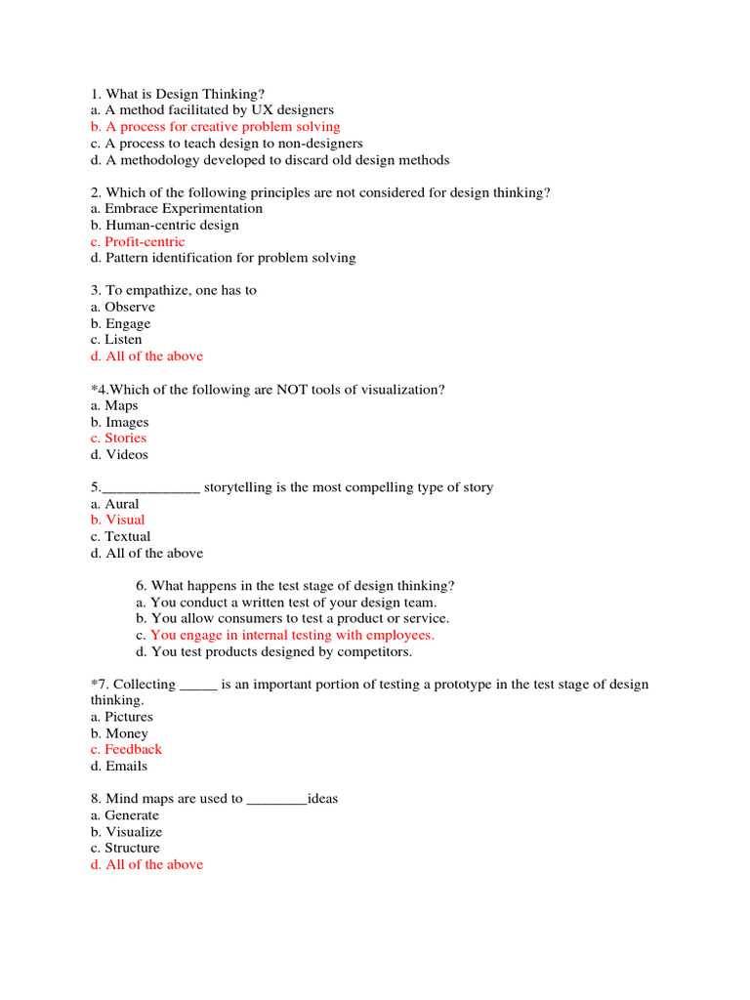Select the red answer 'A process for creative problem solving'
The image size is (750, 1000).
coord(215,127)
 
